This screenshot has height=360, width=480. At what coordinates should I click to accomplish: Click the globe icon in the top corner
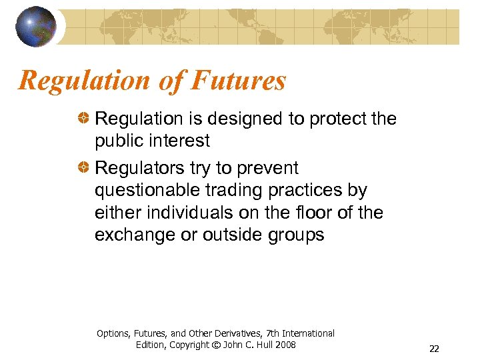pos(36,26)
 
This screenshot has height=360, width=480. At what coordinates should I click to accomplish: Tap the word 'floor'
pos(311,213)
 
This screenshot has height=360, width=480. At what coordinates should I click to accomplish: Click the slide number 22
pos(434,349)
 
